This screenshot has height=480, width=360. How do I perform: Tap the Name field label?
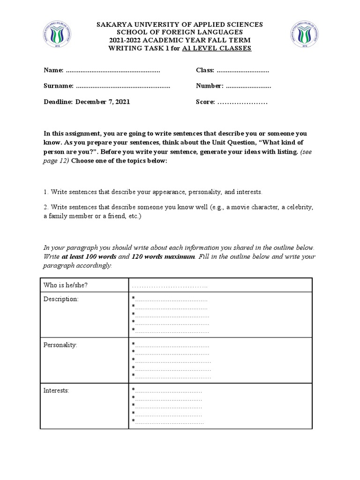pos(53,70)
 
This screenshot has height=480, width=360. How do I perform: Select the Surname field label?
pos(58,86)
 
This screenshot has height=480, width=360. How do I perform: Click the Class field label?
pos(205,70)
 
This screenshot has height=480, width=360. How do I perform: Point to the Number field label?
pos(209,86)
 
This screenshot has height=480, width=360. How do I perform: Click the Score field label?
pos(205,102)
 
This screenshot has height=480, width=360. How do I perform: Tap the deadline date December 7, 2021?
pos(103,102)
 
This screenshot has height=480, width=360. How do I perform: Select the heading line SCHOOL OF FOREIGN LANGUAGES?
pos(180,32)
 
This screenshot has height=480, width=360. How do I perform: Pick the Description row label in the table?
pos(61,299)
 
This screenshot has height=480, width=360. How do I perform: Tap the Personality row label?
pos(60,345)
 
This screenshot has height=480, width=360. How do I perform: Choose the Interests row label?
pos(56,390)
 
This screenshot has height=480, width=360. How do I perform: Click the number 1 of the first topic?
pos(45,192)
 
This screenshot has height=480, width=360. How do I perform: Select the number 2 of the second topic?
pos(45,207)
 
